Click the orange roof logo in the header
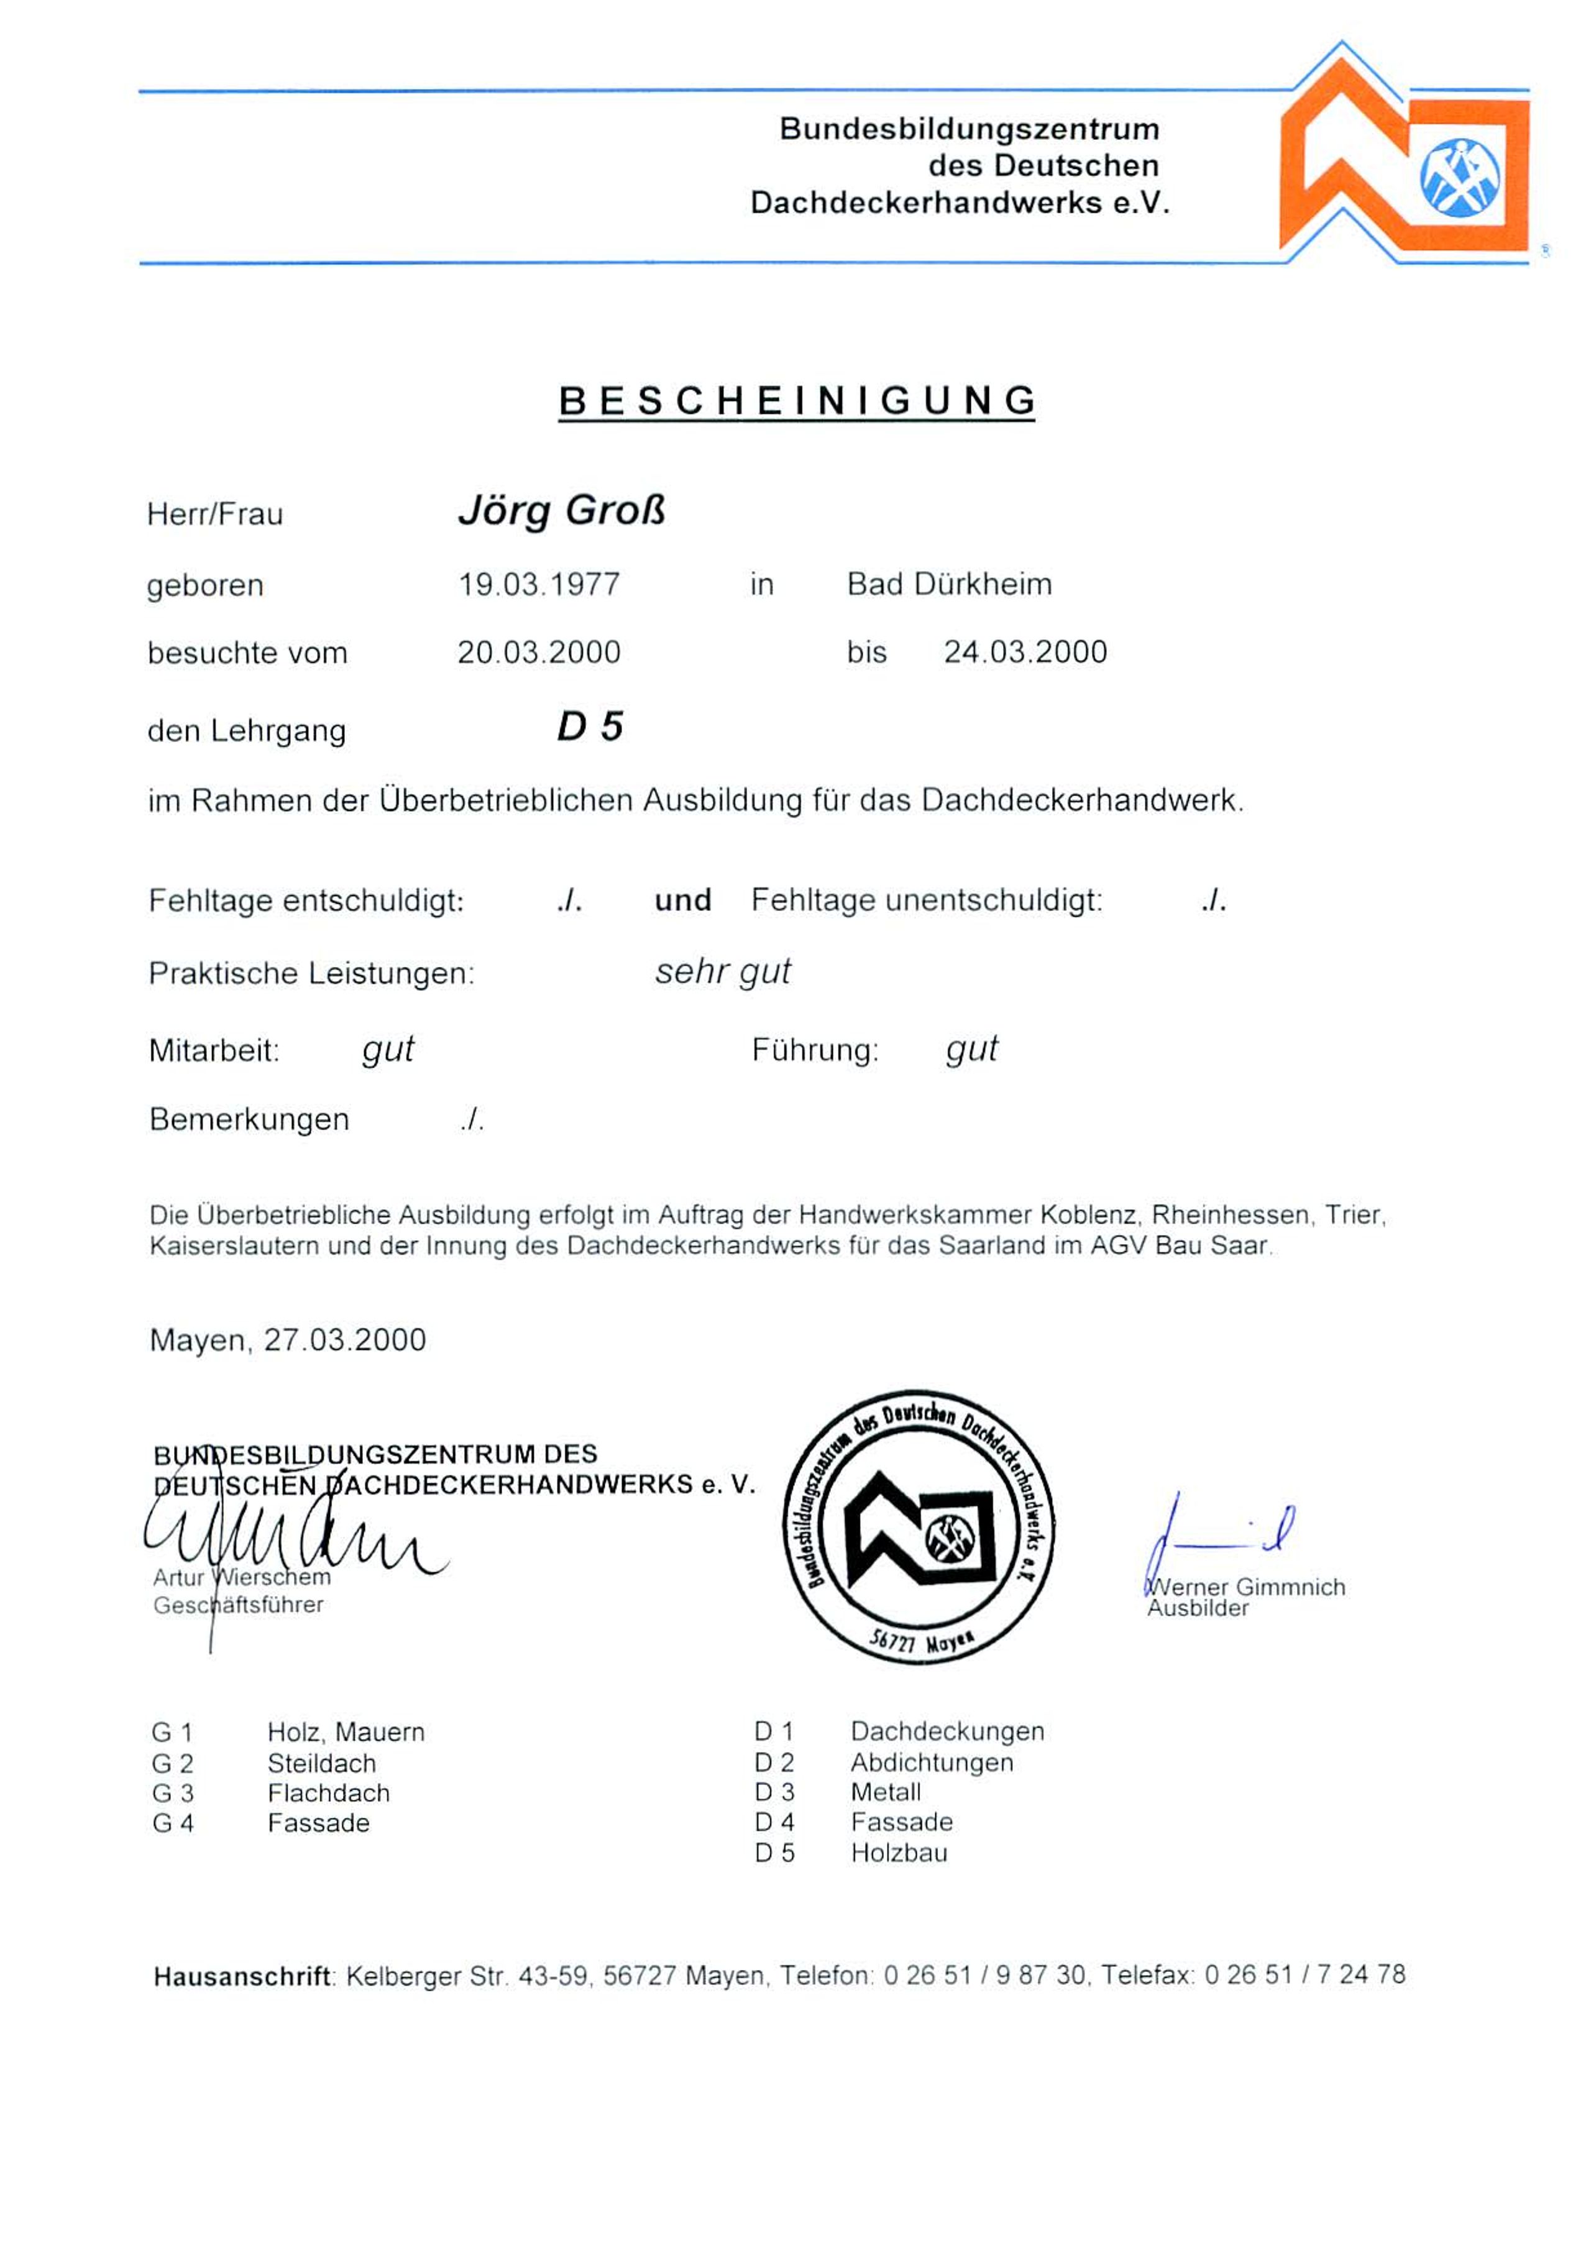1403,155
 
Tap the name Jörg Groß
561,511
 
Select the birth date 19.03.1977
539,585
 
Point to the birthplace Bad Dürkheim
948,585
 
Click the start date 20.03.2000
539,653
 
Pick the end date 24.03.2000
1025,653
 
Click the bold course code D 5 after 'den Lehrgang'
590,727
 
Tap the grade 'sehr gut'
723,971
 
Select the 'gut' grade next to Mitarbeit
388,1049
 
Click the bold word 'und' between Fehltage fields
683,900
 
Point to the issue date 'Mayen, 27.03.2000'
288,1340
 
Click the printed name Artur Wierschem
242,1578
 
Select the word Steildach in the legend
321,1764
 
